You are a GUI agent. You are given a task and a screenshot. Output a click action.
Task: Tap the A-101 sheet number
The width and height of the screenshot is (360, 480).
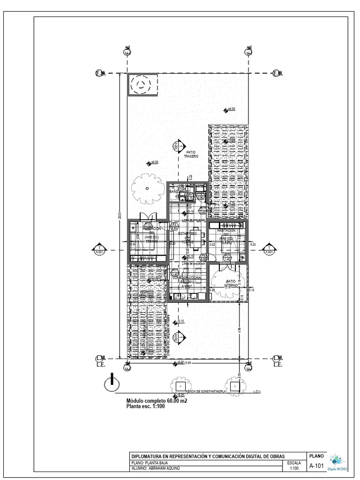pyautogui.click(x=316, y=465)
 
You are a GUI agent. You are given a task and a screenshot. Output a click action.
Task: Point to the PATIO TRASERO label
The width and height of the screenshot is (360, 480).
pyautogui.click(x=191, y=154)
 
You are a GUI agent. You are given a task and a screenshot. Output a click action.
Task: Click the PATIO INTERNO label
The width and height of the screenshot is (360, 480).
pyautogui.click(x=230, y=283)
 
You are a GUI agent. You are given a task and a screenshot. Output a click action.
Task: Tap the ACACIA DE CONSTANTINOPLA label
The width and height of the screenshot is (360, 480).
pyautogui.click(x=206, y=390)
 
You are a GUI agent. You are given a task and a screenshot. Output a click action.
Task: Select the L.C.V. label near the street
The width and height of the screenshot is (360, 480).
pyautogui.click(x=257, y=390)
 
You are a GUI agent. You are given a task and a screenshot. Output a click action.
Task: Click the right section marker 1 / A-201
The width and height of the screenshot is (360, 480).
pyautogui.click(x=269, y=249)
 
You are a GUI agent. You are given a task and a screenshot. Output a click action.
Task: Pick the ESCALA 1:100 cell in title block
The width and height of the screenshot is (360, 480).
pyautogui.click(x=294, y=465)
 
